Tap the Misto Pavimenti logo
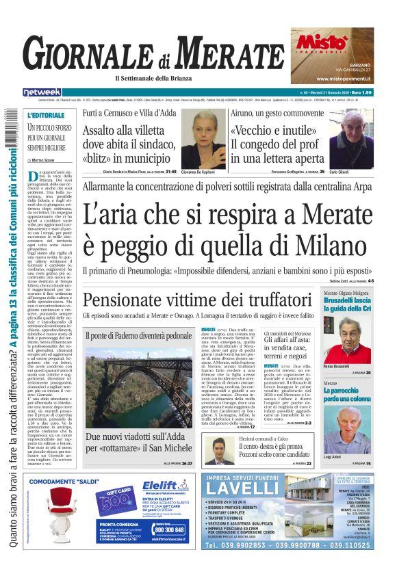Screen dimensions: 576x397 (321, 43)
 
